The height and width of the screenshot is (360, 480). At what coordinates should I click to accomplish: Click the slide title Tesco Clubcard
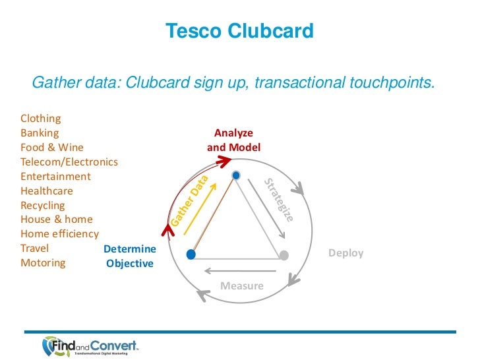[239, 31]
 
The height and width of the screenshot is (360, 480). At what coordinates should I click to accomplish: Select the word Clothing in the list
[41, 119]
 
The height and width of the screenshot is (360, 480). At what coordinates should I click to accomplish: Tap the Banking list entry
[40, 133]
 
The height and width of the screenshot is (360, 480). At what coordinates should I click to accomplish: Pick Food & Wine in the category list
[52, 148]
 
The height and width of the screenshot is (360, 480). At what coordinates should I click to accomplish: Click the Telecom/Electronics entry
[69, 162]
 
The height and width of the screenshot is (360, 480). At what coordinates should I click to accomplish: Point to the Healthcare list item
[47, 191]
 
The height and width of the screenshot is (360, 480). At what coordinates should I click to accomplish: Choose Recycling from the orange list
[42, 206]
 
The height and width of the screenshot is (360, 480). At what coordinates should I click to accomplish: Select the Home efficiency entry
[60, 234]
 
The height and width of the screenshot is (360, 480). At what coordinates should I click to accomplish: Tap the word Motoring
[43, 263]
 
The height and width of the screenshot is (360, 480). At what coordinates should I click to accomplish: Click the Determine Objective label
[130, 256]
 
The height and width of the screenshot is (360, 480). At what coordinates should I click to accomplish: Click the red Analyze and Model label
[234, 140]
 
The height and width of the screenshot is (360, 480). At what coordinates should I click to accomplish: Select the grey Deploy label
[345, 253]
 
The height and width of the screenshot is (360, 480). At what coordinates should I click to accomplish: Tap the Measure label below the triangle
[241, 286]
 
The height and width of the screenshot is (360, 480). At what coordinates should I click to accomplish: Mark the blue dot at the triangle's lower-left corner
[191, 255]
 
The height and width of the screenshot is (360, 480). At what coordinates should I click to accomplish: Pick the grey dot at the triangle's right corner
[284, 255]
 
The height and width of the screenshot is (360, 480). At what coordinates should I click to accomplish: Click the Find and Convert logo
[90, 345]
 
